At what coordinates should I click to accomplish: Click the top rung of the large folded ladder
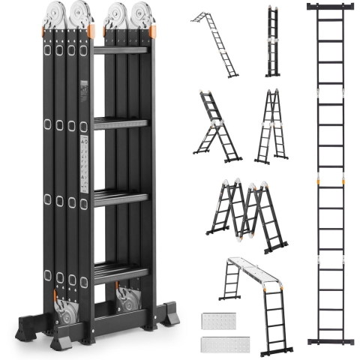[121, 51]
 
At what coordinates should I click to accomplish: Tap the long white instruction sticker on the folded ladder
[85, 163]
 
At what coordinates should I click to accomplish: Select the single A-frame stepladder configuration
[271, 127]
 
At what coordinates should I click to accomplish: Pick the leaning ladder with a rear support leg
[217, 127]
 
